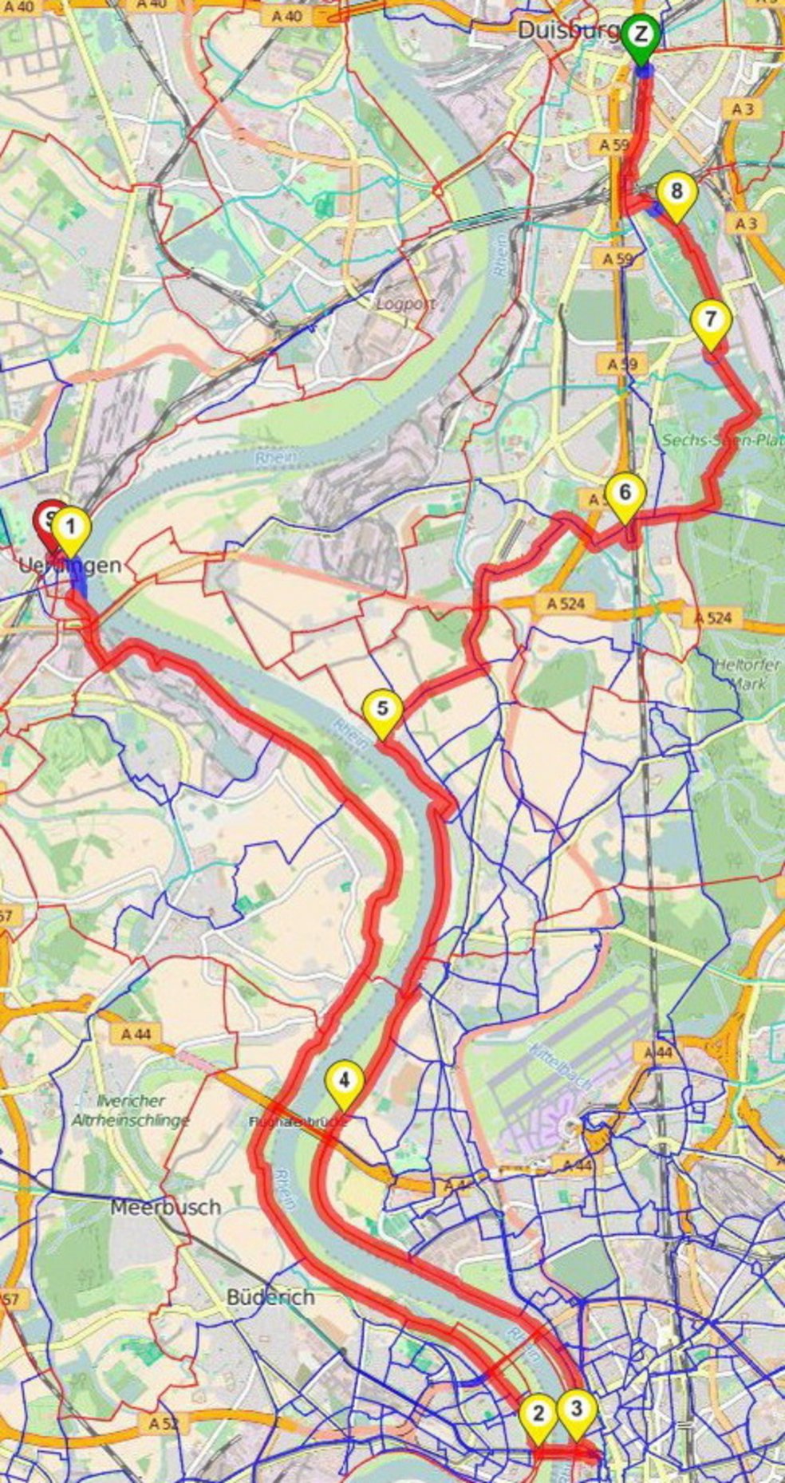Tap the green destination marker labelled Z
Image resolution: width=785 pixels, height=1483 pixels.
pyautogui.click(x=642, y=34)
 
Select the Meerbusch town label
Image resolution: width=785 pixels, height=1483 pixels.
pyautogui.click(x=165, y=1207)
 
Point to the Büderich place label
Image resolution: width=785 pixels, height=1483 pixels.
pyautogui.click(x=270, y=1298)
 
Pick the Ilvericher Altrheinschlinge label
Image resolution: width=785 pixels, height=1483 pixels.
pyautogui.click(x=130, y=1110)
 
